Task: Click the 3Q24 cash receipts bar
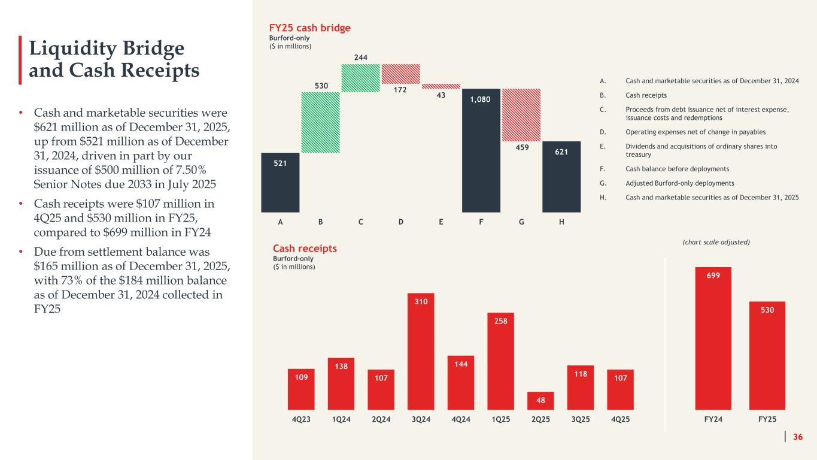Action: coord(421,351)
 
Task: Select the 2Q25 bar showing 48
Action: coord(540,401)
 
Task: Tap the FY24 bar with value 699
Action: coord(713,338)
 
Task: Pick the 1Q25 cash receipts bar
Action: coord(500,361)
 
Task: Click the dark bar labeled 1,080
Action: coord(481,150)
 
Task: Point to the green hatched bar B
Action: coord(320,122)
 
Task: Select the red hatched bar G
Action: coord(521,115)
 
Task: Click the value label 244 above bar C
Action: coord(361,57)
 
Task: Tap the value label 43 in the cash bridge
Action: coord(441,95)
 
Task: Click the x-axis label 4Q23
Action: coord(301,419)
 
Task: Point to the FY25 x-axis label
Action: coord(767,419)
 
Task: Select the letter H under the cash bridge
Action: coord(561,222)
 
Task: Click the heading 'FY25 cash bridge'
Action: coord(309,28)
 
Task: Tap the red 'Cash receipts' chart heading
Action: coord(305,249)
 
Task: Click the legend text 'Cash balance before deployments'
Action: coord(678,169)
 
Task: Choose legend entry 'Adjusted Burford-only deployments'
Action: coord(680,183)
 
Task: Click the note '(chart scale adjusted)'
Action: coord(716,242)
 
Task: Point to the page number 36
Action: coord(798,437)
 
